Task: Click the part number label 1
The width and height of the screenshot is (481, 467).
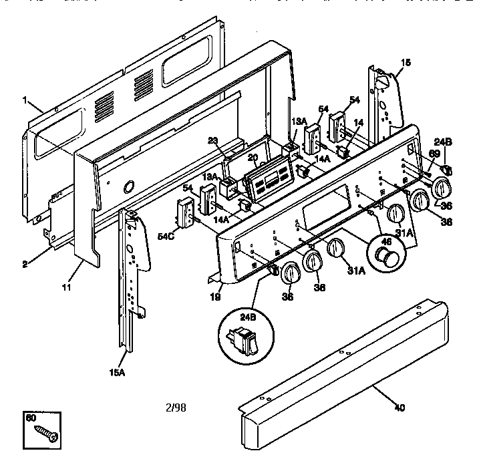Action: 25,101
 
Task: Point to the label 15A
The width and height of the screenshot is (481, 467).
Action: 118,372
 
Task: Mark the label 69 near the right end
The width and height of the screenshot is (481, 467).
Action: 434,154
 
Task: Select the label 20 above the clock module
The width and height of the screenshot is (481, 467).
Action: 253,158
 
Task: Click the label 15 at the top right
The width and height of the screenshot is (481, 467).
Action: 406,63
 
